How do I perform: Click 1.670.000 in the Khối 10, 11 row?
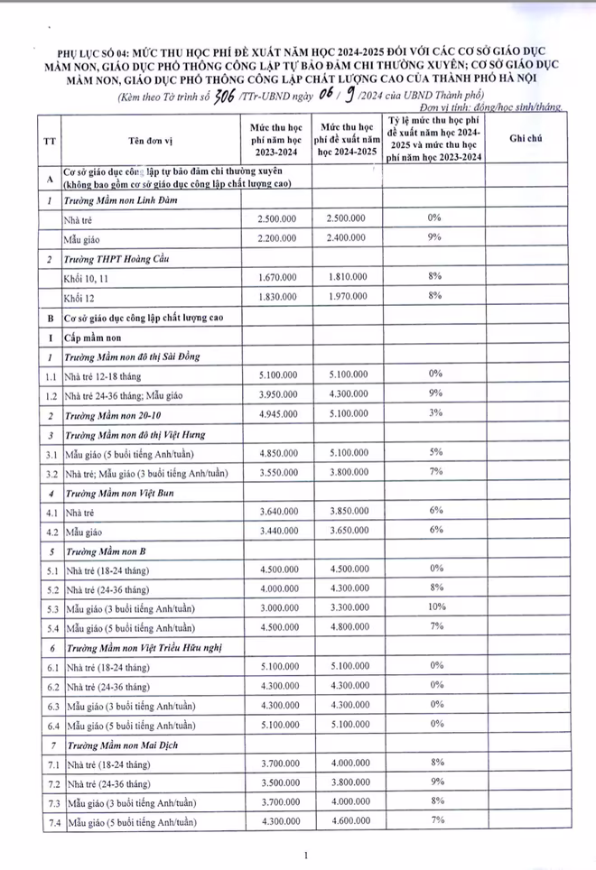point(276,275)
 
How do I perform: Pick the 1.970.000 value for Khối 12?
point(346,296)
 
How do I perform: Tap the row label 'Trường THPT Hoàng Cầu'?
point(112,257)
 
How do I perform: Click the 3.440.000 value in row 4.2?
point(276,531)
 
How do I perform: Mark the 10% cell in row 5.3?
point(434,608)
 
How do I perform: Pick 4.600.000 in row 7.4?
point(346,822)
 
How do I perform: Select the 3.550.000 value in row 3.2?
point(276,472)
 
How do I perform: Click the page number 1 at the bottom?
point(307,855)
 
